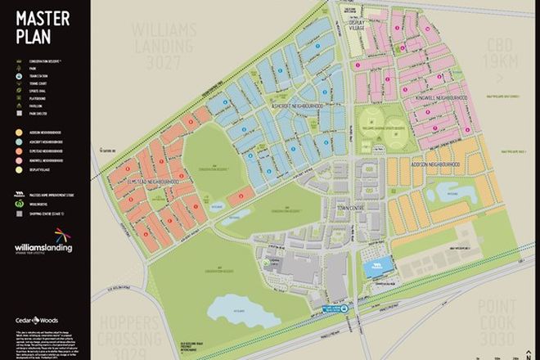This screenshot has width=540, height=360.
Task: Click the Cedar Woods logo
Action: pos(31,320)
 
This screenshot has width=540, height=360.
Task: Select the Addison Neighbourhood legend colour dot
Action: pos(18,131)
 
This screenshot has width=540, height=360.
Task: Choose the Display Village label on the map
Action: pos(358,26)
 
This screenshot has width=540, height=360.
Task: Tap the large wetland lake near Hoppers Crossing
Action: pos(236,309)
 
